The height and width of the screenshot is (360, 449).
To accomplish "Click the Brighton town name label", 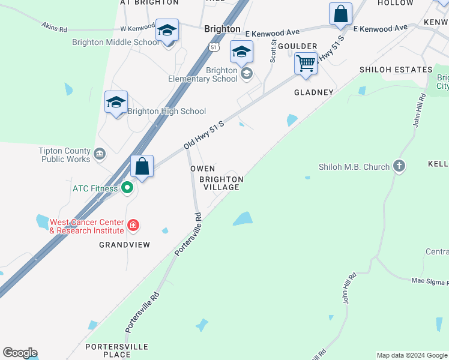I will [x=222, y=29].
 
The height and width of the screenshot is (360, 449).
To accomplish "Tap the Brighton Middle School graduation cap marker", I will [x=167, y=29].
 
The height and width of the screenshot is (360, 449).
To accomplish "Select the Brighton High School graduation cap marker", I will [x=116, y=102].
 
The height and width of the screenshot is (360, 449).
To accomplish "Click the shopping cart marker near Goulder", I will [x=306, y=62].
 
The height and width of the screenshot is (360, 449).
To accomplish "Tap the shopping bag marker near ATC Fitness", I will [x=142, y=166].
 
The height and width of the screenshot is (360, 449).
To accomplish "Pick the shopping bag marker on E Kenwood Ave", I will [x=340, y=14].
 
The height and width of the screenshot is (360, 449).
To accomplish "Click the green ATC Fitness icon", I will [x=127, y=188].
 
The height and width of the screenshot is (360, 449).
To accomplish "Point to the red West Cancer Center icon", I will [x=133, y=226].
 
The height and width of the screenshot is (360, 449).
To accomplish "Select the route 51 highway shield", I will [x=214, y=47].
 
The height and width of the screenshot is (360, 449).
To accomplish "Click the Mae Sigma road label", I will [x=430, y=281].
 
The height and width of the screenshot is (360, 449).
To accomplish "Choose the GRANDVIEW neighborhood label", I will [x=125, y=245].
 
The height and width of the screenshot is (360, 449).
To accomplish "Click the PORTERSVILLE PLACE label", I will [x=116, y=350].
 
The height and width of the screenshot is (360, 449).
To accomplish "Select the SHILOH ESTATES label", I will [x=396, y=70].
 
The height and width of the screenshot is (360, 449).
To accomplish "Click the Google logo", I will [x=20, y=353].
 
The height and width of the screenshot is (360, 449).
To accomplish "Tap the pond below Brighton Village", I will [x=243, y=219].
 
